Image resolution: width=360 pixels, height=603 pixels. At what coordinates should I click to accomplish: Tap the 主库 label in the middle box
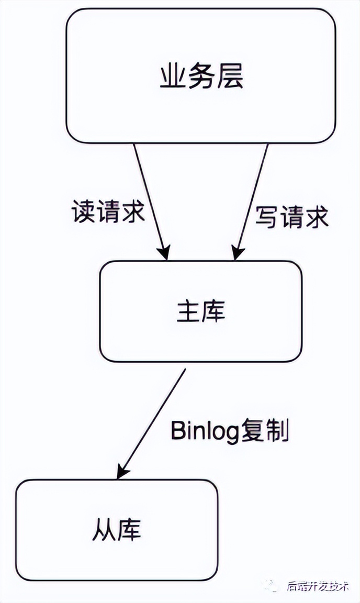(x=201, y=312)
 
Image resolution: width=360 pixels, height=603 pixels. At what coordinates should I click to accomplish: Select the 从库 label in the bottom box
(x=117, y=530)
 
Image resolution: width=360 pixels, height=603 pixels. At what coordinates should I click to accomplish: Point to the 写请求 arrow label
(x=292, y=216)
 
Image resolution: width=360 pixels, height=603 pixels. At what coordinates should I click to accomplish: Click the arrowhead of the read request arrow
(x=165, y=255)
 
